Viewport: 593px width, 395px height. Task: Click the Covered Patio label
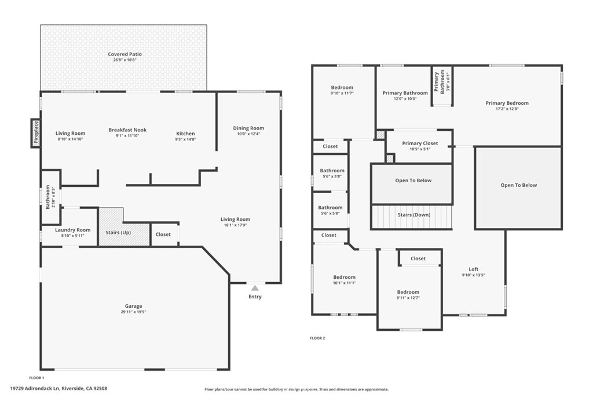coord(125,54)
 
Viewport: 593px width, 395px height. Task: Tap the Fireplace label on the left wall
coord(35,132)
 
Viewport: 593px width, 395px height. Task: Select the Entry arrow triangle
coord(255,287)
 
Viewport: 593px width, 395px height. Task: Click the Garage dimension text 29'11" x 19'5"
coord(133,312)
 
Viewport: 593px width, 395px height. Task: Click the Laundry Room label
coord(73,230)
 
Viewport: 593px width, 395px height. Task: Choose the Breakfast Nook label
coord(127,130)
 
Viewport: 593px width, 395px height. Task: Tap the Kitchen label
coord(185,134)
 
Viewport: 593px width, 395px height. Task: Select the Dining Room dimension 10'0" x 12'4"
coord(248,134)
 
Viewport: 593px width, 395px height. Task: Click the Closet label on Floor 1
coord(163,234)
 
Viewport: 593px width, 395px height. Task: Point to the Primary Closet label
coord(420,143)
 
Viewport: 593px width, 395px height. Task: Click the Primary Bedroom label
coord(507,103)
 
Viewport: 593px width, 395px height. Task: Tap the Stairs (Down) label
coord(413,215)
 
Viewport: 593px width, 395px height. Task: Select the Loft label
coord(473,270)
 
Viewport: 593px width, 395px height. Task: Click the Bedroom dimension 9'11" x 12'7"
coord(408,298)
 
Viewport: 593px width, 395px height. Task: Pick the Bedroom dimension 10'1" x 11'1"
coord(344,283)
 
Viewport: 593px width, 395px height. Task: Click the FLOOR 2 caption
coord(317,338)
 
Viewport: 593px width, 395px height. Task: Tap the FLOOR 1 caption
coord(36,377)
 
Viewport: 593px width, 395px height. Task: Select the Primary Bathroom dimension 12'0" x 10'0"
coord(405,99)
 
